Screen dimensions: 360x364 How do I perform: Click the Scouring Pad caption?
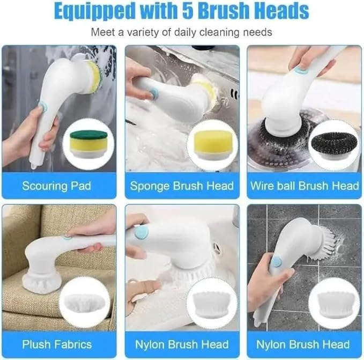pos(57,186)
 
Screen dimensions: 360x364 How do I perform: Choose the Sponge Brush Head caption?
pos(182,186)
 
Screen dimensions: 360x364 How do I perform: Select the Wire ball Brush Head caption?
pos(304,186)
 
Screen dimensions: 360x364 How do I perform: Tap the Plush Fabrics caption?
pos(57,344)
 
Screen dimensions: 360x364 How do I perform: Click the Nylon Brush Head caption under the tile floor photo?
pos(304,344)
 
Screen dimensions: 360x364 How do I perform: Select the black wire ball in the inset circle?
pos(334,145)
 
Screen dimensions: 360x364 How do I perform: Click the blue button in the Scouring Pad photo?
pos(43,107)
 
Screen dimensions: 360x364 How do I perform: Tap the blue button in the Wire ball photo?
pos(301,69)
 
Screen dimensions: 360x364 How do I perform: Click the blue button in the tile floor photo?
pos(276,261)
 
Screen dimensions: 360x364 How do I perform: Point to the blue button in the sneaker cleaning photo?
pos(142,232)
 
